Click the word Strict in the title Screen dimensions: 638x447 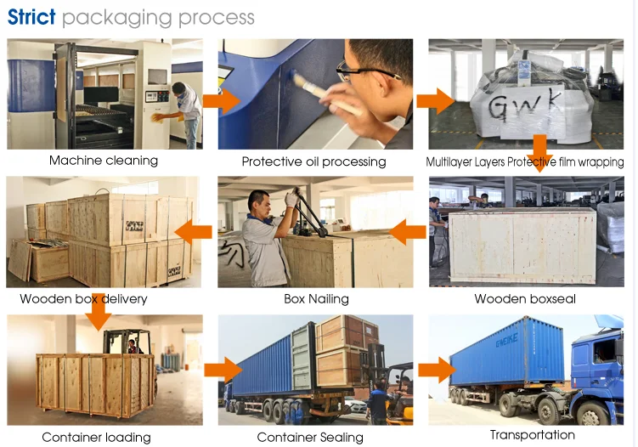pos(31,17)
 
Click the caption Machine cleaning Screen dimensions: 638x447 pos(104,161)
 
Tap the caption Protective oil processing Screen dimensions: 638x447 pos(313,161)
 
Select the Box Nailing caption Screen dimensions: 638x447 pos(316,299)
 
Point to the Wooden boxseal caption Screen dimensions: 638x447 pos(525,299)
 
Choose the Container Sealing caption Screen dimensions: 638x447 pos(310,438)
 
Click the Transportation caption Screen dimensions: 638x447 pos(532,435)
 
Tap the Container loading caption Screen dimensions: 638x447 pos(97,438)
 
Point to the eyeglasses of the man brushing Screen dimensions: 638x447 pos(366,72)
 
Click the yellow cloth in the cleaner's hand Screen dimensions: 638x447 pos(158,117)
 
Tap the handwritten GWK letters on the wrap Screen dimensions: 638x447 pos(523,107)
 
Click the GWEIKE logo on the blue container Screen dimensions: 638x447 pos(507,340)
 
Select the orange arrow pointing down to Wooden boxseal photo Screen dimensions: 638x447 pos(539,154)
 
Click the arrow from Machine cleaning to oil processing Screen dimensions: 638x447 pos(222,101)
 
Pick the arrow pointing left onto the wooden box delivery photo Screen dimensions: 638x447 pos(194,232)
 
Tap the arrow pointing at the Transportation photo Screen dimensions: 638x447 pos(437,370)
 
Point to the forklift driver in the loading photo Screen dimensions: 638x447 pos(133,346)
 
